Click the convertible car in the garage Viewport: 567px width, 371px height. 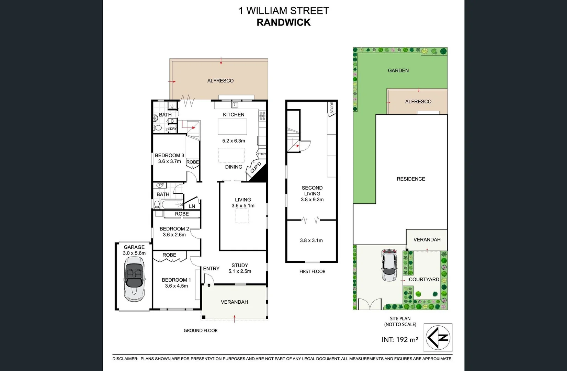(134, 279)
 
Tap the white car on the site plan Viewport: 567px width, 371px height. (389, 265)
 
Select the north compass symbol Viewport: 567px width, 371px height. (438, 337)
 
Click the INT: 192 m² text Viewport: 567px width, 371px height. (400, 340)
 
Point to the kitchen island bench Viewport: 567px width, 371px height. (233, 126)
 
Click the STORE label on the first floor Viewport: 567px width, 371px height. (332, 108)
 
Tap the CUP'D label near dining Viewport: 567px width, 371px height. (256, 167)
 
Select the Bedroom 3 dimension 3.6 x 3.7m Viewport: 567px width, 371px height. (169, 161)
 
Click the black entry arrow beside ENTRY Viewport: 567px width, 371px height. (209, 285)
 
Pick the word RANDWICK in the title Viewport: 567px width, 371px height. (284, 22)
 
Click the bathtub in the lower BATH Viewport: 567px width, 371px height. (172, 205)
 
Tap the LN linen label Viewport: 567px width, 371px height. (192, 206)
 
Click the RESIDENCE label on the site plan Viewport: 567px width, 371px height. (411, 179)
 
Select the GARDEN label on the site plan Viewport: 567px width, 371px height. (398, 70)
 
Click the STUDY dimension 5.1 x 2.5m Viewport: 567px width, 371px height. (240, 271)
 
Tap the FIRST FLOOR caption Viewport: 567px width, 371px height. (312, 271)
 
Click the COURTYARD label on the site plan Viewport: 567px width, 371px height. (424, 280)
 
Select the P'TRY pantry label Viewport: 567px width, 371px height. (262, 154)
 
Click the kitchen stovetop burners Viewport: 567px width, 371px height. (262, 116)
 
